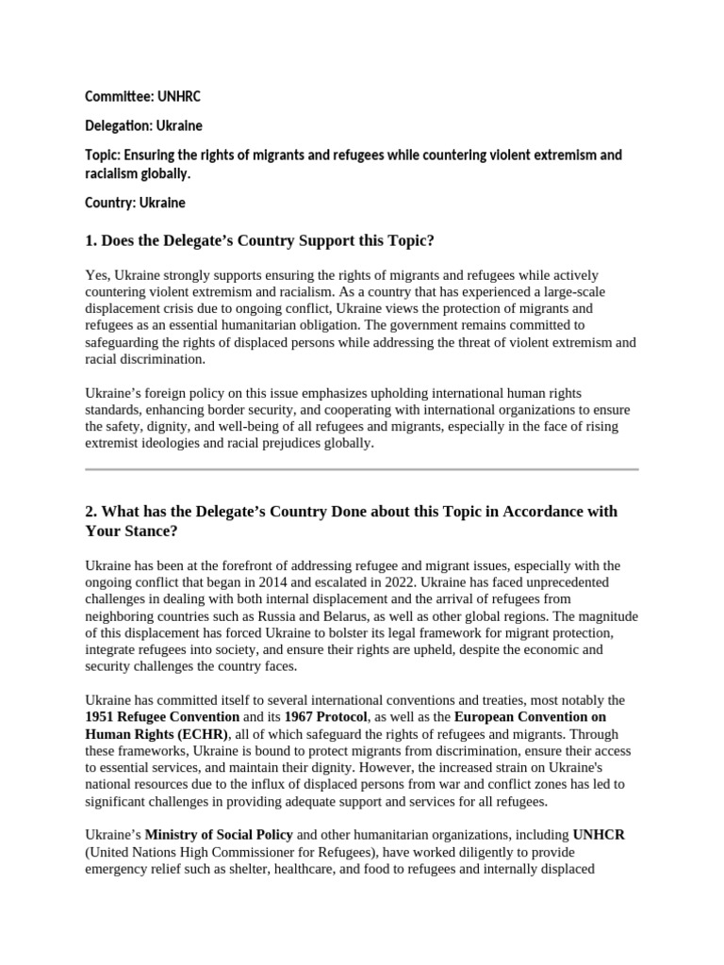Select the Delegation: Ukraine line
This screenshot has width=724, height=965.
coord(143,125)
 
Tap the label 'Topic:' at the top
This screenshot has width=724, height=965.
coord(104,155)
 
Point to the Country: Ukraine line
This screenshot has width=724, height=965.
coord(135,203)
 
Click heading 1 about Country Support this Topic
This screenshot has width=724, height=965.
coord(259,240)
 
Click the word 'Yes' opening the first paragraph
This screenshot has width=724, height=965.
coord(96,275)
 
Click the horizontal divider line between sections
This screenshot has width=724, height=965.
coord(362,468)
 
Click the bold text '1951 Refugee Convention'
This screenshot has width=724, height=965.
coord(162,717)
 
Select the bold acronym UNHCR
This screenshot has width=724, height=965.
coord(598,835)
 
